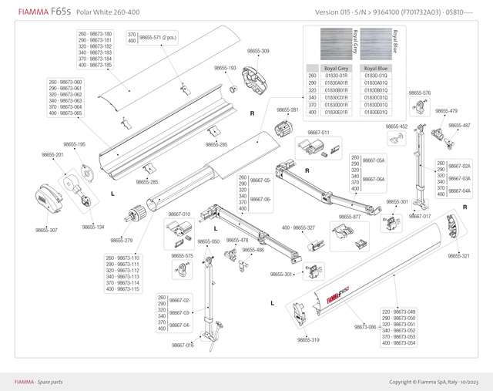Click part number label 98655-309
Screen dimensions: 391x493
point(258,51)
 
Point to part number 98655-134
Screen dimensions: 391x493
point(92,227)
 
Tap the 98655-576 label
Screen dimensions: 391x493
point(420,93)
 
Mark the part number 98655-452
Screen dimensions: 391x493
point(397,126)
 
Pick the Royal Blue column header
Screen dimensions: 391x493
point(376,69)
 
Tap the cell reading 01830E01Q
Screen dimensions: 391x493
point(376,113)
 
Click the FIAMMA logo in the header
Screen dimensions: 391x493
point(29,12)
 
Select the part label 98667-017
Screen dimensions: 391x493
point(420,216)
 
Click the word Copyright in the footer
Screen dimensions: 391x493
point(404,382)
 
